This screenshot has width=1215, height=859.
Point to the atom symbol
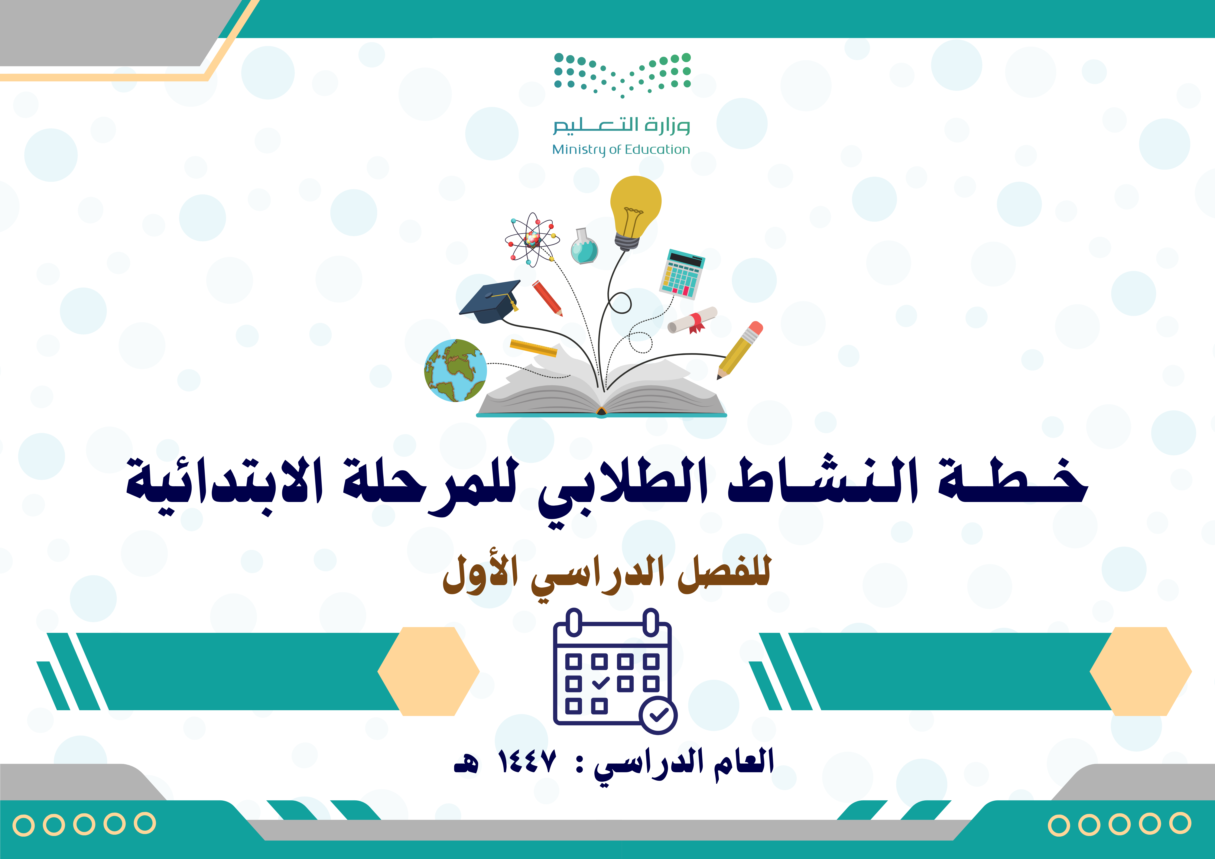[x=532, y=239]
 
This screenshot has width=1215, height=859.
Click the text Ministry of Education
[x=621, y=150]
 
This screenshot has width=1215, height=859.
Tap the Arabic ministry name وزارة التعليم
[x=621, y=125]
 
